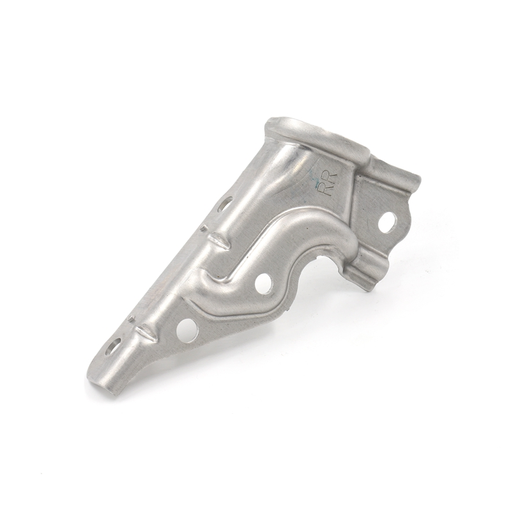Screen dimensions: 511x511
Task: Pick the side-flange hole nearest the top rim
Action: [x=225, y=204]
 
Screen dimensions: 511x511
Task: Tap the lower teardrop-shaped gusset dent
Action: [x=145, y=333]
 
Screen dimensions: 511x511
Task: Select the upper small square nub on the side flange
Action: [x=204, y=227]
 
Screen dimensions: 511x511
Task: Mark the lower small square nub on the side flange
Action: [x=130, y=319]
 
